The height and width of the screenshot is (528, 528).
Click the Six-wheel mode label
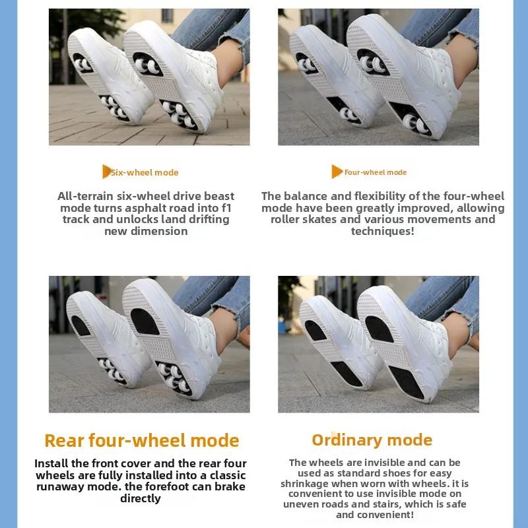pos(145,172)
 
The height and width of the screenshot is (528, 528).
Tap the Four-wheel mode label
pos(375,172)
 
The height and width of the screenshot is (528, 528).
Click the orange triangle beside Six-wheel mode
pos(106,172)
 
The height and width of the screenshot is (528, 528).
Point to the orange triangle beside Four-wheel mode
pos(337,172)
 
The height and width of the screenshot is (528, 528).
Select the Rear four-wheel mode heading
pos(141,440)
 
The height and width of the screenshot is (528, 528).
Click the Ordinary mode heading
pos(372,440)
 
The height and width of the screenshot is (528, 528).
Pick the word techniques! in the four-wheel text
pos(382,232)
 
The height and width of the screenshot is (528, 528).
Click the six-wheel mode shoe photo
pos(149,77)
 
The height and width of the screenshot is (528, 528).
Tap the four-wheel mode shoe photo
pos(378,77)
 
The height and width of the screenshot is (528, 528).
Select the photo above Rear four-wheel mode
pos(149,345)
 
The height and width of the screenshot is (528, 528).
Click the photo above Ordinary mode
pos(378,345)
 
